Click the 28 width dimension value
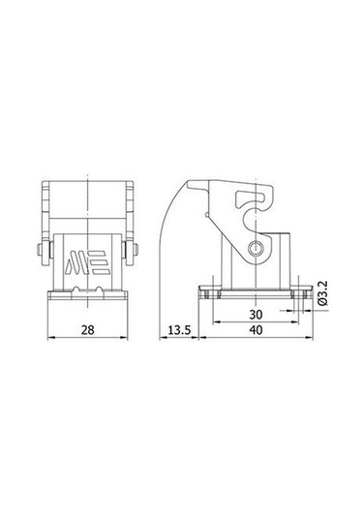88,331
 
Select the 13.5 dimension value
180,331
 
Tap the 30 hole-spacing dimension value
256,315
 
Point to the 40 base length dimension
256,331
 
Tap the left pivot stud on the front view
40,254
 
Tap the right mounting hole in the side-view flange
297,290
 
